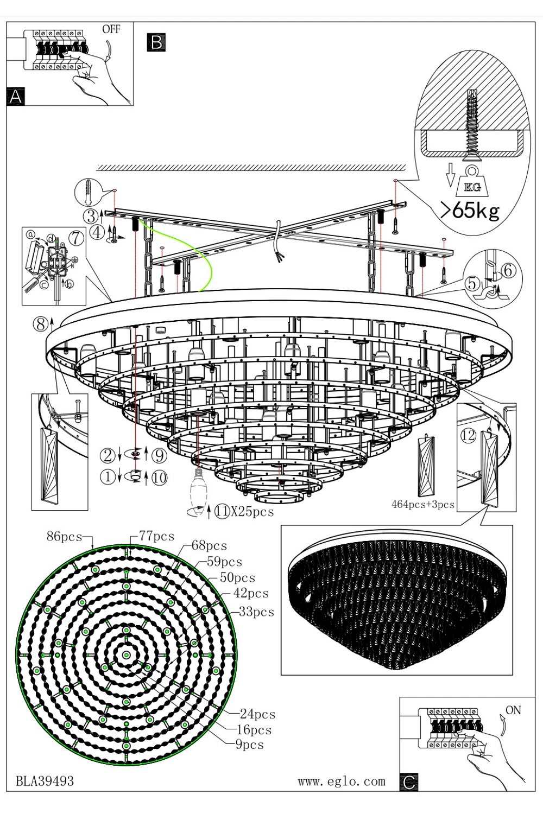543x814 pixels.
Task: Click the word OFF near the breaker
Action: (x=111, y=29)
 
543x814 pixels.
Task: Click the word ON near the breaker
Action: (x=513, y=710)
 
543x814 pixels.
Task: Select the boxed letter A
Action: (x=15, y=97)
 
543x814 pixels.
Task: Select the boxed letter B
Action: (x=156, y=42)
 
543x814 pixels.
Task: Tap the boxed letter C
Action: (x=409, y=781)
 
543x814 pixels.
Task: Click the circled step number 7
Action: (x=76, y=238)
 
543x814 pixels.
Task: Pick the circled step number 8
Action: (x=41, y=324)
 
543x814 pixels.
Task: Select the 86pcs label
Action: (x=64, y=537)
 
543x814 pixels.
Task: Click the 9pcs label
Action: (x=249, y=745)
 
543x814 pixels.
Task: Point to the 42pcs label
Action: (x=251, y=593)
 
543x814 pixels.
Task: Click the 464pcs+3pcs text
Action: (x=422, y=504)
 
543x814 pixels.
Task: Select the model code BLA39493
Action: (x=45, y=781)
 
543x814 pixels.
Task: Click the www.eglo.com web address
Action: (x=342, y=781)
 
